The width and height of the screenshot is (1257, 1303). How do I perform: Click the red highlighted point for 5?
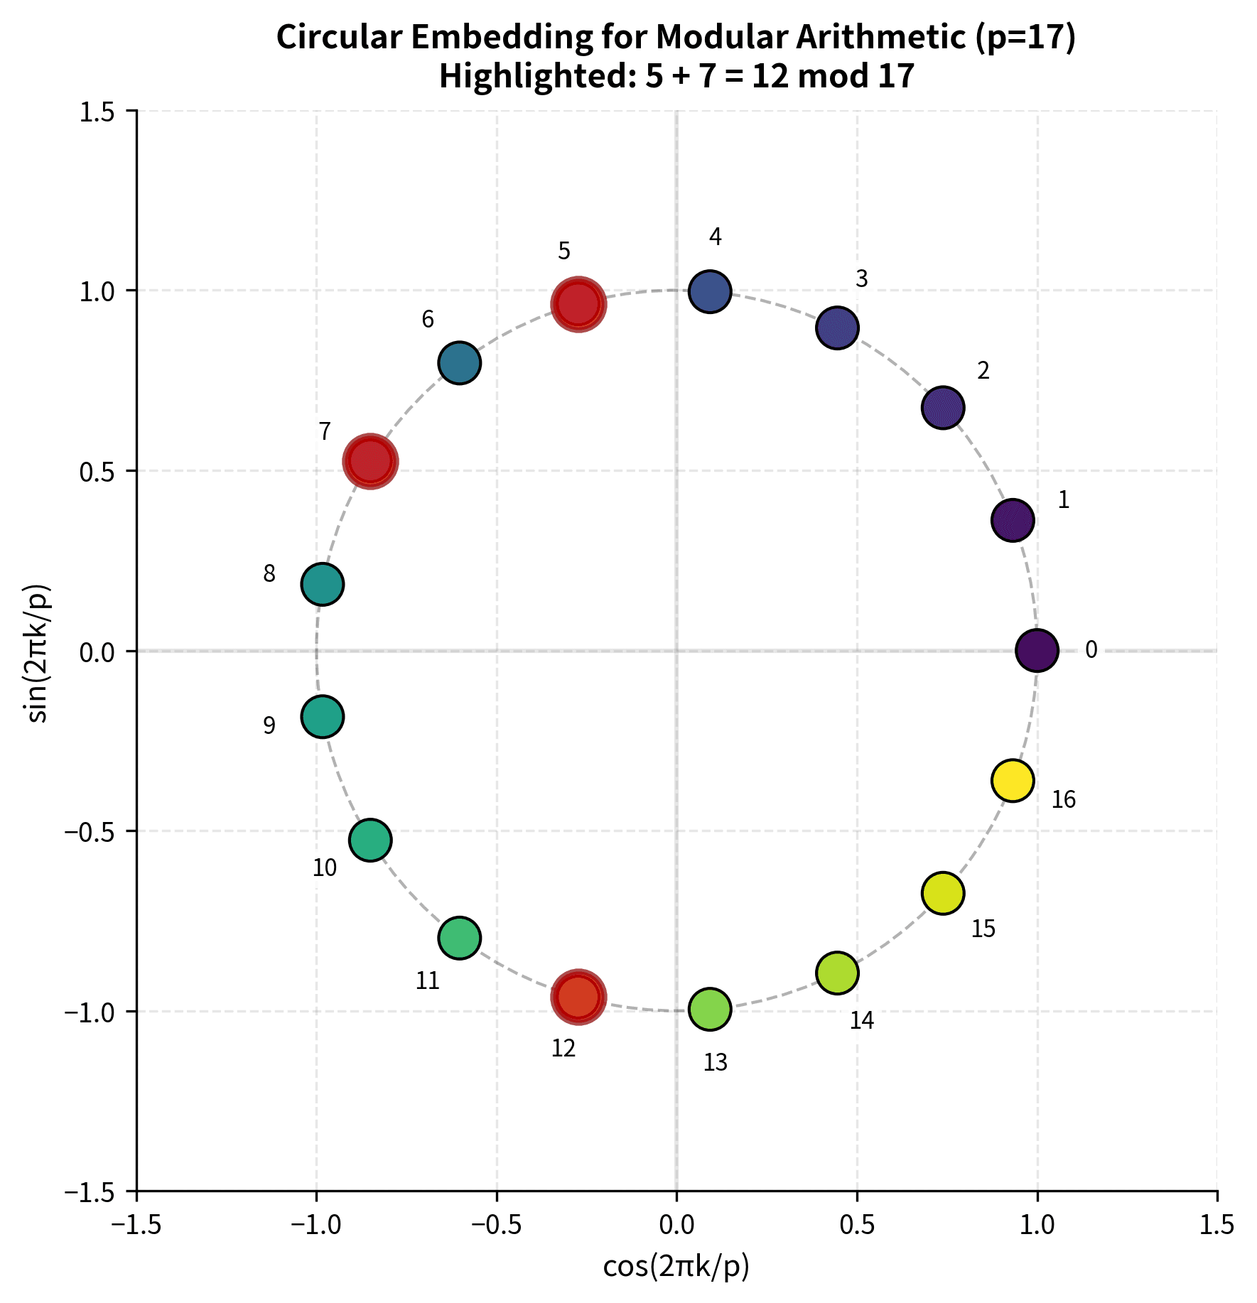pos(578,304)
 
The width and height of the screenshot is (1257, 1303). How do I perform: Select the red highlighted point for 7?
pos(369,461)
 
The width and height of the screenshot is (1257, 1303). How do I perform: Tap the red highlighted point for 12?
pos(578,997)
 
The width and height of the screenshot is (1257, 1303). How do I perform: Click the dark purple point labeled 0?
pos(1037,650)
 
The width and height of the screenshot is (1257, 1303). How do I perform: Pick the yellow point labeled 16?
pos(1013,780)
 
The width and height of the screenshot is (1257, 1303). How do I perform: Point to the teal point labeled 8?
pos(323,584)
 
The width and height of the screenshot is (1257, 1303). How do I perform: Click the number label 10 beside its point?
pos(325,868)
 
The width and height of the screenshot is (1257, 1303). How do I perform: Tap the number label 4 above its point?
pos(716,237)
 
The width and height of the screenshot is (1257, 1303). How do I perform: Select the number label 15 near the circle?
pos(983,929)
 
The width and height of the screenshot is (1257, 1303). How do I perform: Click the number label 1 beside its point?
pos(1064,501)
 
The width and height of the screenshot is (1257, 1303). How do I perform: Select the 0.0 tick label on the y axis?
pos(97,651)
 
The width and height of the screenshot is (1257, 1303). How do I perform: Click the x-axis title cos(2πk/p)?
pos(676,1267)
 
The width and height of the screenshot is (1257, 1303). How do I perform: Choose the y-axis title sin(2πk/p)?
pos(39,651)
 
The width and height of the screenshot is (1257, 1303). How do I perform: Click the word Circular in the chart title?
pos(340,38)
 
